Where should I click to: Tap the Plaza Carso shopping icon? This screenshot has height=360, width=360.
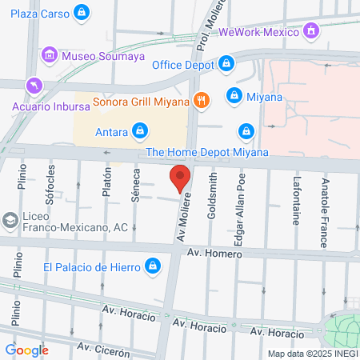point(81,13)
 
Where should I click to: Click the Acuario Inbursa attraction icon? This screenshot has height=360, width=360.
point(34,84)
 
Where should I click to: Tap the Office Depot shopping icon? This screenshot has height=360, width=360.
point(226,63)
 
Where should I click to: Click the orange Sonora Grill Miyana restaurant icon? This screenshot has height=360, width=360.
point(202,101)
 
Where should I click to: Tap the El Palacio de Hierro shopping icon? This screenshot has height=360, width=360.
point(151,266)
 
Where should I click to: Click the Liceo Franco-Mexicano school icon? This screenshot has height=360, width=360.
point(10,219)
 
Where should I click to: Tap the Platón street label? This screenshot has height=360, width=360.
point(106,182)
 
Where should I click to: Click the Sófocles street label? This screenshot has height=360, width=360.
point(50,186)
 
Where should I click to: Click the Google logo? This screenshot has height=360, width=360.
point(26,350)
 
